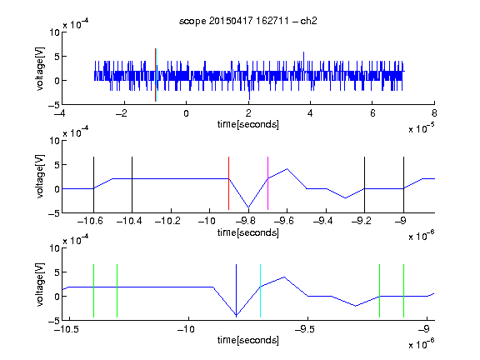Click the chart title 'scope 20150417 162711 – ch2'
[248, 21]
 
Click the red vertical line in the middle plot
[228, 183]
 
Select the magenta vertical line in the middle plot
[267, 183]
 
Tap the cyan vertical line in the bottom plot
[260, 291]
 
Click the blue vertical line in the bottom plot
[236, 291]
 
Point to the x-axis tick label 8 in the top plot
[434, 113]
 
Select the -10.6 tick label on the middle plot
[90, 221]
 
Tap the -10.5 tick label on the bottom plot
[67, 329]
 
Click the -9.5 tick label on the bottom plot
[305, 329]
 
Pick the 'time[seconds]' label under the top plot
[248, 124]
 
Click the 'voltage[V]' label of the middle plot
[40, 177]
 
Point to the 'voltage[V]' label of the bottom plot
[40, 284]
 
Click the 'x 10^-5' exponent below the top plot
[421, 128]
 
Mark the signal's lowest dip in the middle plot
[248, 207]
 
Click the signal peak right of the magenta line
[287, 168]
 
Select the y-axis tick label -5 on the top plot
[54, 105]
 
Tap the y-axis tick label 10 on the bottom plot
[55, 248]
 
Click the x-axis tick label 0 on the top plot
[186, 113]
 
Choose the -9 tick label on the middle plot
[401, 221]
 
